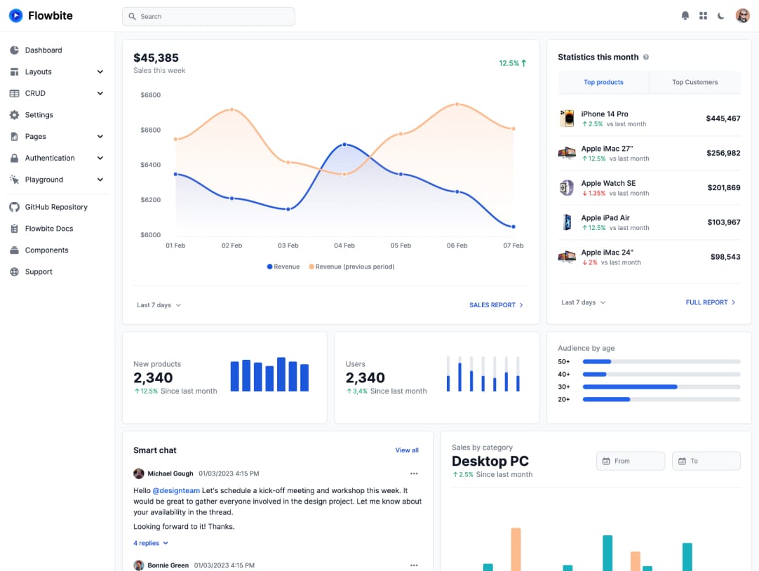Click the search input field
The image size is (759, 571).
208,16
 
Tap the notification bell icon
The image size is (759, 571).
685,15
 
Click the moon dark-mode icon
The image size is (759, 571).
720,15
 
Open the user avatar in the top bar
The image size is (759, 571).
742,15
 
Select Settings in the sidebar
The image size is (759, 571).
39,115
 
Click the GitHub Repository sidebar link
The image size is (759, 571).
56,207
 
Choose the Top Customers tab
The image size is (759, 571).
694,82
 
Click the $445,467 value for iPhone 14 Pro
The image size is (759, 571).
723,119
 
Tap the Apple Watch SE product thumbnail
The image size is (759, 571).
566,187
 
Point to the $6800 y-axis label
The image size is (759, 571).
150,95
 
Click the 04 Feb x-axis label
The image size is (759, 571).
344,246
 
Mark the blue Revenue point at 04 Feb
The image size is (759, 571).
344,145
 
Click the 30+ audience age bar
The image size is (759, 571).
629,387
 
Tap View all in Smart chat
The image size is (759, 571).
407,450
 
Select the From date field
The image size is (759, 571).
630,461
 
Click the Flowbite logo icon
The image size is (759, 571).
15,15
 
